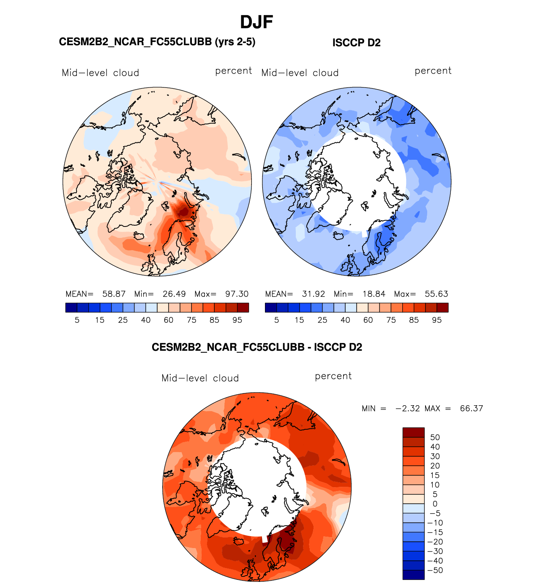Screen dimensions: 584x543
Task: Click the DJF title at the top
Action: (256, 22)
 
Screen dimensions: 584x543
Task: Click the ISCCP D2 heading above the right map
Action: (356, 43)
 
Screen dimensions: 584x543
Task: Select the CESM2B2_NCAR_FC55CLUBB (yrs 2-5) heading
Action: (157, 42)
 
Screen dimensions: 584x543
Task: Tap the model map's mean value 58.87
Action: (114, 294)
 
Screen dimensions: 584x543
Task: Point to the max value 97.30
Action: (237, 294)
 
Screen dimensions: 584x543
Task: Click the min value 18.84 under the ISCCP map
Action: (374, 294)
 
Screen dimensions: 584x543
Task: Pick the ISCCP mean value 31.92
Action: (313, 294)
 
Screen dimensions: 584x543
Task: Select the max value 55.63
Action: (436, 294)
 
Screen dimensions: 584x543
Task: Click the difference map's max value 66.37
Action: (471, 408)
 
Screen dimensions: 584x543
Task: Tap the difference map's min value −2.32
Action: (407, 408)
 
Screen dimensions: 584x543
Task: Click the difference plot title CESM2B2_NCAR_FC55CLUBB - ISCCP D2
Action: (257, 347)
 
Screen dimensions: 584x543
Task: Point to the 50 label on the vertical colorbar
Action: (435, 437)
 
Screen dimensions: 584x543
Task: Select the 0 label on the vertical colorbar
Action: (435, 504)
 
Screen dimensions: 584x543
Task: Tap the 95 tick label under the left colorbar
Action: (237, 320)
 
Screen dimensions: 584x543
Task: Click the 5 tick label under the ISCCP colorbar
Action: (276, 320)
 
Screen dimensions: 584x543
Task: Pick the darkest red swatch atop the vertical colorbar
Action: (413, 432)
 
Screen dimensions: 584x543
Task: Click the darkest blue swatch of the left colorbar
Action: (71, 308)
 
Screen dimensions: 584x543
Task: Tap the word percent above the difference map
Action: (333, 376)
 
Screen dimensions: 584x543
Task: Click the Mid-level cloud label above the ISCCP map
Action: (300, 73)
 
